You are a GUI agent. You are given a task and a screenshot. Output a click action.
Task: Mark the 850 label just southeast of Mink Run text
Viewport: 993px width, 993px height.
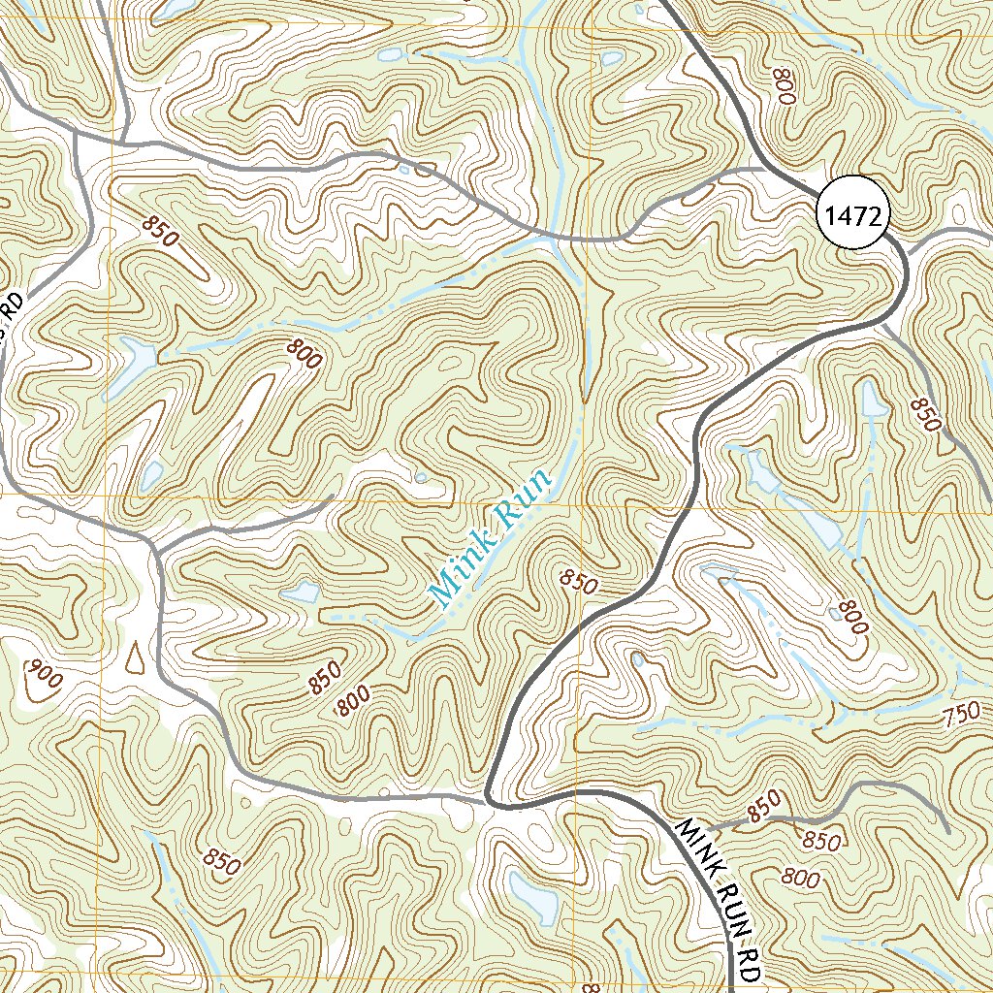579,583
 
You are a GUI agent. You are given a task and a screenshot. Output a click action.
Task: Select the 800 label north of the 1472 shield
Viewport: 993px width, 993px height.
785,87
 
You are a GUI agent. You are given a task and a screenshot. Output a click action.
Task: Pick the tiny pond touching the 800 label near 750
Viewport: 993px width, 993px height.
837,613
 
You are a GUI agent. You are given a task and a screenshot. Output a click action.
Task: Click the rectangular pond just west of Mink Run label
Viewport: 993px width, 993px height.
305,591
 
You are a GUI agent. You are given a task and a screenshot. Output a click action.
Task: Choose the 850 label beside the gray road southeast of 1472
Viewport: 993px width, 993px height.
927,415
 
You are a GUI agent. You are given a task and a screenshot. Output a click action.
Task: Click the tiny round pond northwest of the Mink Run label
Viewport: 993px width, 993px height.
420,476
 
